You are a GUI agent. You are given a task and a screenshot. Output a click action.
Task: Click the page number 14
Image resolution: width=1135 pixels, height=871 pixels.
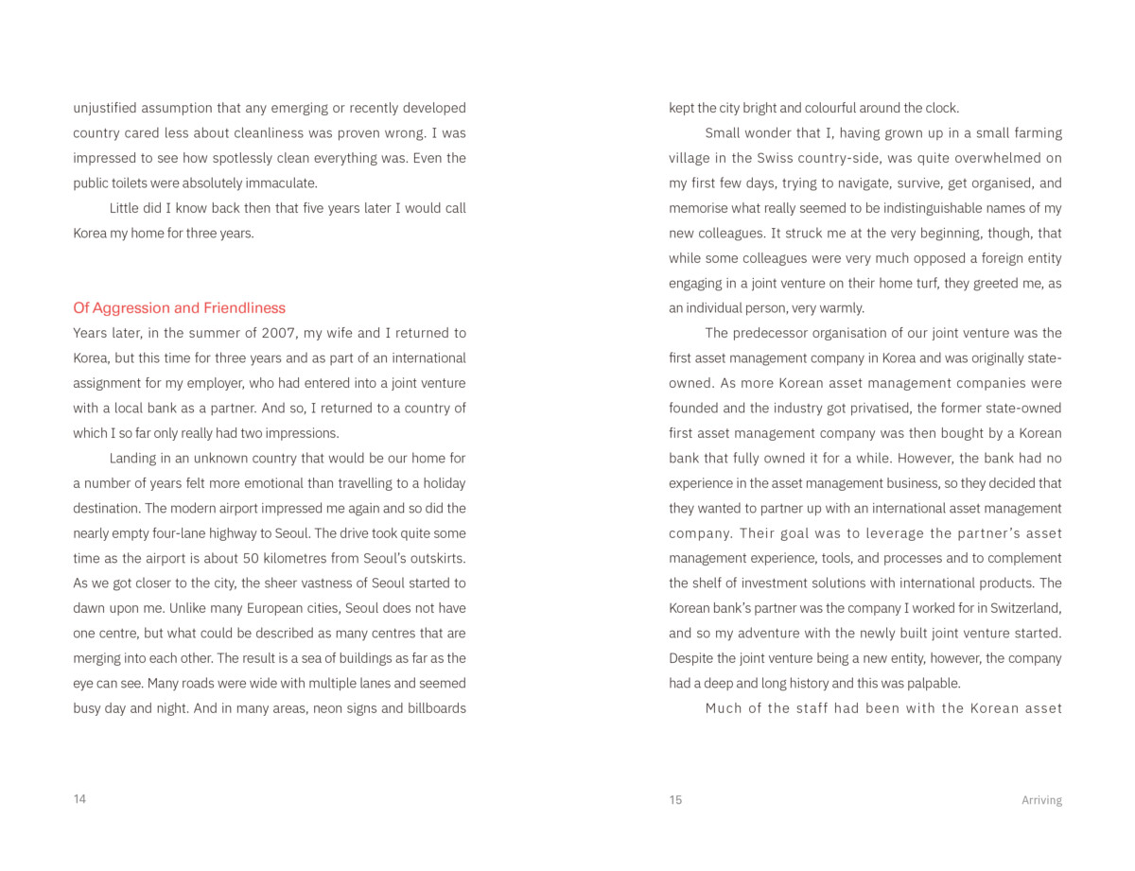click(79, 799)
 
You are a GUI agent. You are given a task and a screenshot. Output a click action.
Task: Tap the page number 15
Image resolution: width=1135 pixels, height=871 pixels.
click(675, 800)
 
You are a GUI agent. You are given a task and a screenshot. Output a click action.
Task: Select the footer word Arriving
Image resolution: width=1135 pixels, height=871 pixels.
click(1041, 800)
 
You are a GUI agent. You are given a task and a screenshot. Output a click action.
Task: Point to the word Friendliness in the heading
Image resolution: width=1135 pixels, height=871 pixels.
click(244, 308)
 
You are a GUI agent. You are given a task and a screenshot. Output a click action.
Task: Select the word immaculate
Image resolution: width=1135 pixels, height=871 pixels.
click(282, 183)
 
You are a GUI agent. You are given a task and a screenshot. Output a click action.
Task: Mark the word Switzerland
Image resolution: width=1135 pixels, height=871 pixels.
click(1024, 608)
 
